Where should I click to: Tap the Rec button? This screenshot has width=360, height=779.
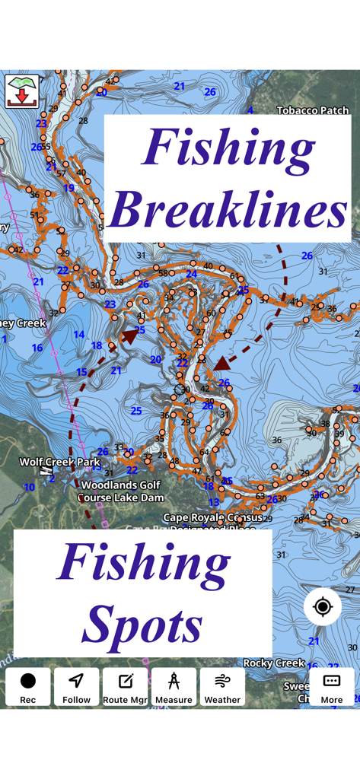click(28, 687)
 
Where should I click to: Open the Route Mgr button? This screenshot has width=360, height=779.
click(125, 687)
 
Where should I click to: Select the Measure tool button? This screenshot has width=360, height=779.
click(174, 687)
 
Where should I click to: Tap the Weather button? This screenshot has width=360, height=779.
click(222, 687)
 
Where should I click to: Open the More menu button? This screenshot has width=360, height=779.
click(331, 687)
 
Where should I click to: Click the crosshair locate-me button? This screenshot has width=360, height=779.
click(323, 607)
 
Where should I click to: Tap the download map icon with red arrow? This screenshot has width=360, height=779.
click(22, 91)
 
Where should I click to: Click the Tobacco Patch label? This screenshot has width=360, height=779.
click(313, 110)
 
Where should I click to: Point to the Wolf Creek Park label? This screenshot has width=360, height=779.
click(59, 462)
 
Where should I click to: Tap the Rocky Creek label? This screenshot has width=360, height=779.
click(274, 663)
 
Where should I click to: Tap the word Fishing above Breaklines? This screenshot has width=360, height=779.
click(228, 147)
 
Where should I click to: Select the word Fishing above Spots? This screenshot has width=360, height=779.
click(143, 563)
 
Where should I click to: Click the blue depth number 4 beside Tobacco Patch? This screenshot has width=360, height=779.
click(250, 111)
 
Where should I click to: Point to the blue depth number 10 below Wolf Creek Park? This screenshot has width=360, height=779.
click(29, 488)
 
